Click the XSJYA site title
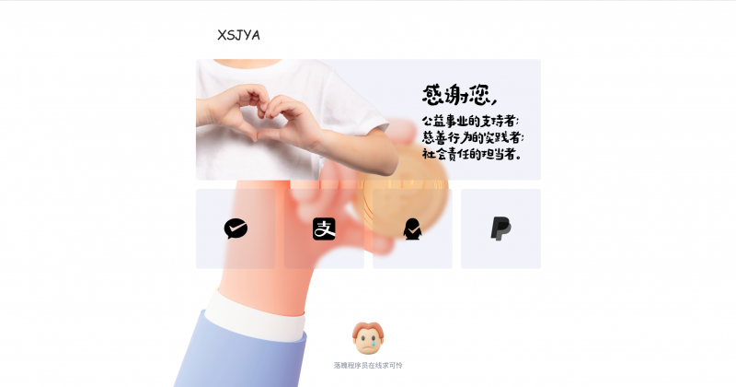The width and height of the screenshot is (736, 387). tap(238, 35)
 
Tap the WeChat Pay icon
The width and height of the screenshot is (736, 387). tap(236, 229)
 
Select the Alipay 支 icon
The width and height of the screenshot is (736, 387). tap(324, 229)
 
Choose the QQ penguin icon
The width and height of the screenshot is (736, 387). tap(412, 229)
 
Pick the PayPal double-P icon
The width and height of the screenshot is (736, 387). tap(500, 229)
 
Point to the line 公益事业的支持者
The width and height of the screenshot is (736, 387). tap(470, 121)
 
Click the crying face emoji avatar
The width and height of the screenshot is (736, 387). tap(368, 338)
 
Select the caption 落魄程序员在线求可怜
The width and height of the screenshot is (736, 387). tap(368, 365)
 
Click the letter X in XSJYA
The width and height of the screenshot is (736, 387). tap(222, 35)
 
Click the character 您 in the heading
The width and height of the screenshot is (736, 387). tap(482, 95)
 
